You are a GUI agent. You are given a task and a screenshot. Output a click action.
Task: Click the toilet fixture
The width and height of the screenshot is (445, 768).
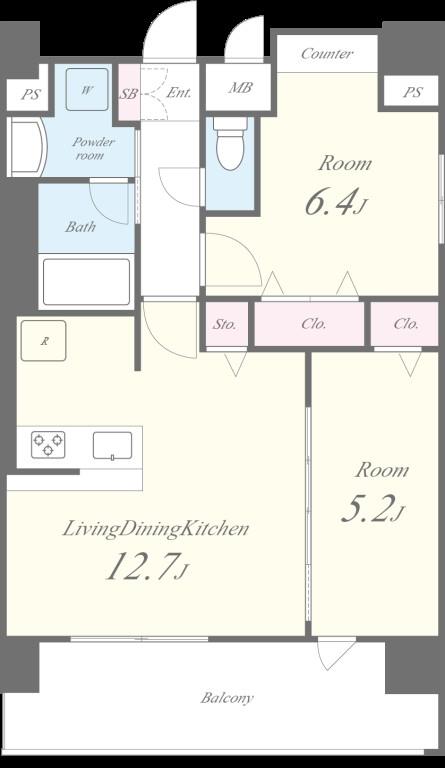pos(230,144)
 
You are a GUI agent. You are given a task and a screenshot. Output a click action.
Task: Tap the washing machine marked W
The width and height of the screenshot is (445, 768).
pos(87,89)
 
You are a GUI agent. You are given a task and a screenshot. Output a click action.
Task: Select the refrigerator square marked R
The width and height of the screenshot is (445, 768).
pos(43,340)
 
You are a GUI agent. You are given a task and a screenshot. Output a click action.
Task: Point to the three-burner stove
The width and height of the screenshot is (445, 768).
pos(48,444)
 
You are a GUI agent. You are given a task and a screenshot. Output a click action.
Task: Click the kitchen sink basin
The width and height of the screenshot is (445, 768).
pos(113,445)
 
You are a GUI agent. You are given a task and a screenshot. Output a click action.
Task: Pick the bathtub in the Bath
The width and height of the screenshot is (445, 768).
pos(87,282)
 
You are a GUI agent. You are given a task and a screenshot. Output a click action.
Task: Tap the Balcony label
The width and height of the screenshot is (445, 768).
pos(227,697)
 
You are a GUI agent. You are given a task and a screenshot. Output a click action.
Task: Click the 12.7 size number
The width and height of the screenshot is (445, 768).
pos(142,566)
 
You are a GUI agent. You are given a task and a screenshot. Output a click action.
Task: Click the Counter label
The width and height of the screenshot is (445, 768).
pos(327,53)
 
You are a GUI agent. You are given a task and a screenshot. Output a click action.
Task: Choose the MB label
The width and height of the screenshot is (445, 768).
pos(240,88)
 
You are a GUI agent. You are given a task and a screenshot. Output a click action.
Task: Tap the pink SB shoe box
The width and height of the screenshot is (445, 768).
pos(129,92)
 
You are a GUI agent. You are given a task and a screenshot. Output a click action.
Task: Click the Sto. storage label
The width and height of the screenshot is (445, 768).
pos(225,324)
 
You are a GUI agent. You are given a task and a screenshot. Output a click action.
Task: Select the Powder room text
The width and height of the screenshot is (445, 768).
pos(93,148)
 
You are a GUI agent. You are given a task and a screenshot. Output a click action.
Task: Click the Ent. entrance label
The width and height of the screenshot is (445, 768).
pos(178,93)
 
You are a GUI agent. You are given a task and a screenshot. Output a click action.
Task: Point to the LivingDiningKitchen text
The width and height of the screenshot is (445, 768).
pos(156,529)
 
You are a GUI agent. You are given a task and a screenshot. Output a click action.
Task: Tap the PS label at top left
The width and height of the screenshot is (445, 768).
pos(30,94)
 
